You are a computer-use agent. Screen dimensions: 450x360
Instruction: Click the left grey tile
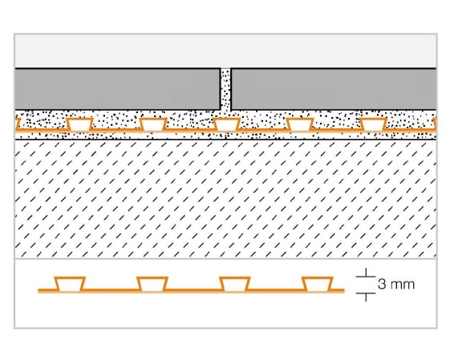tap(118, 89)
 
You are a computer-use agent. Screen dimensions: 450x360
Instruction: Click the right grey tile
tap(334, 89)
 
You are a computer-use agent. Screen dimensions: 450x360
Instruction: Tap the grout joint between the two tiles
tap(225, 90)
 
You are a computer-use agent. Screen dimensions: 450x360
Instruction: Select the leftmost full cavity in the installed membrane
tap(79, 124)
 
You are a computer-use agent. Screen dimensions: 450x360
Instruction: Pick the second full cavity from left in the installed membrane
tap(153, 124)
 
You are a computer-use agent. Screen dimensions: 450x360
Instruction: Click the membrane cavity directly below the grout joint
tap(226, 124)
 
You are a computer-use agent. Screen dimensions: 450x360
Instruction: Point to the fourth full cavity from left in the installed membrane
tap(300, 124)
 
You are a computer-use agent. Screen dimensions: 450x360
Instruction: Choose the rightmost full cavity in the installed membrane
tap(373, 124)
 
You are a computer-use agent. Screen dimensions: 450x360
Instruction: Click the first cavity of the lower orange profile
tap(70, 285)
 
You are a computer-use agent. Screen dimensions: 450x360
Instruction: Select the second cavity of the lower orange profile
tap(152, 285)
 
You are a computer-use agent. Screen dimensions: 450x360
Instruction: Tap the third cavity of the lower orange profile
tap(235, 285)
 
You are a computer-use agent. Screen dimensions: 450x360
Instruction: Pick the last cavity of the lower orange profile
tap(318, 285)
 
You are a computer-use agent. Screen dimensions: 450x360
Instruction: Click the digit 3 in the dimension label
tap(382, 285)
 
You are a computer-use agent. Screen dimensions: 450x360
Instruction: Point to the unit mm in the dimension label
tap(403, 285)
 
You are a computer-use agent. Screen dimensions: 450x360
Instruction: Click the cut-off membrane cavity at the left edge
tap(17, 124)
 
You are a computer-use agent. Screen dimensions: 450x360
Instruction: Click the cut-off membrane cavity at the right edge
tap(435, 124)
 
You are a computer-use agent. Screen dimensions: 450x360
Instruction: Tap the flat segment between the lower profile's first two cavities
tap(111, 290)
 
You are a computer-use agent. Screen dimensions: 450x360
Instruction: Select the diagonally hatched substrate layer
tap(225, 199)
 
